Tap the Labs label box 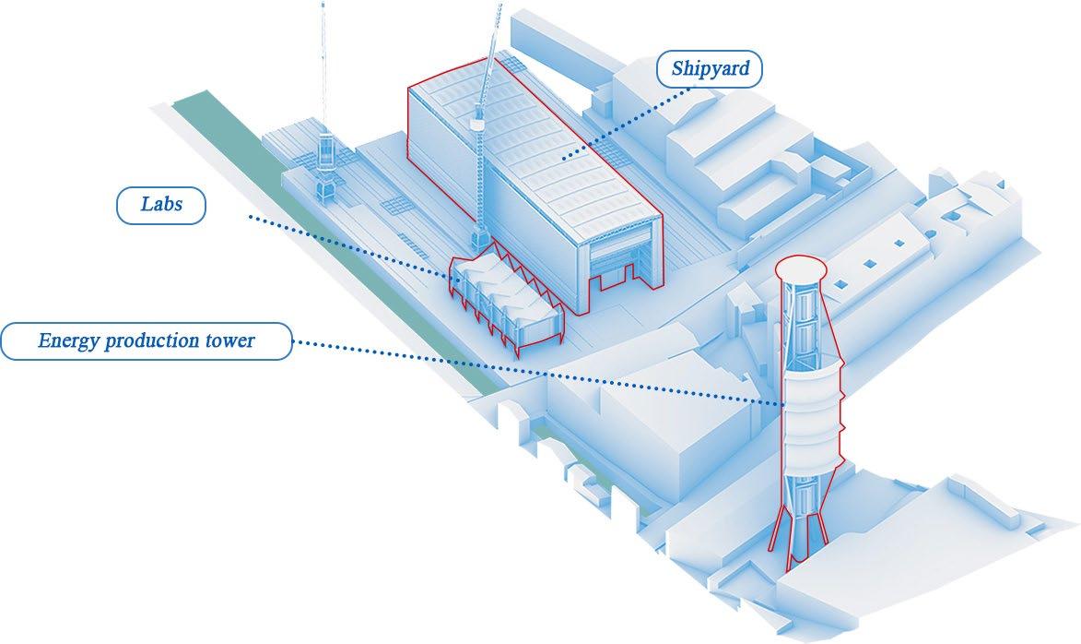[160, 205]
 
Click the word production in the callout [150, 341]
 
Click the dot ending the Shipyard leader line [565, 159]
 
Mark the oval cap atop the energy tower [798, 268]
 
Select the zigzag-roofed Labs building [502, 295]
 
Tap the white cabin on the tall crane [477, 121]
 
